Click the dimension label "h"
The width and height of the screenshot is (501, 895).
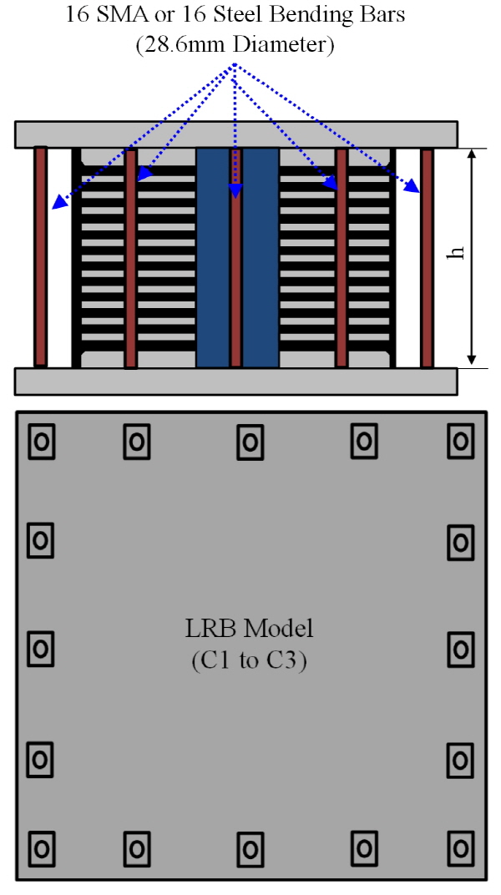(456, 252)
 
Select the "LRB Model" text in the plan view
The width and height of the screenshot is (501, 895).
(250, 629)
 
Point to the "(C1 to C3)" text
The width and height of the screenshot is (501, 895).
(250, 661)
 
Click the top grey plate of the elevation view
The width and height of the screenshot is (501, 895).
(235, 134)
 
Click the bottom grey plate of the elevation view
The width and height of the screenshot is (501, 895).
(235, 382)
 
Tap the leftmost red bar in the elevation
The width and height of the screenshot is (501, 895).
(41, 256)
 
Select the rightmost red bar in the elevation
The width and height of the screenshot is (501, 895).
(427, 258)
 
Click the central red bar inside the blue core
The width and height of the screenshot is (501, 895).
(235, 258)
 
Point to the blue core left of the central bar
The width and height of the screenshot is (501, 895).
(213, 258)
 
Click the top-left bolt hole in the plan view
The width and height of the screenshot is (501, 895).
(41, 441)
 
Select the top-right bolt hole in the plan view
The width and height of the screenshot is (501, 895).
(460, 441)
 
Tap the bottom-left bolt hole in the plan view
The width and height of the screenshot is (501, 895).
(41, 849)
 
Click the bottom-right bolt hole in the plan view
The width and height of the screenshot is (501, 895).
(460, 849)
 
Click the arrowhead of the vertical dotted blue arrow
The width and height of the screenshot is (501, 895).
(235, 191)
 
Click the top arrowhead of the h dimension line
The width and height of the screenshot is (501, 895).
(471, 154)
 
